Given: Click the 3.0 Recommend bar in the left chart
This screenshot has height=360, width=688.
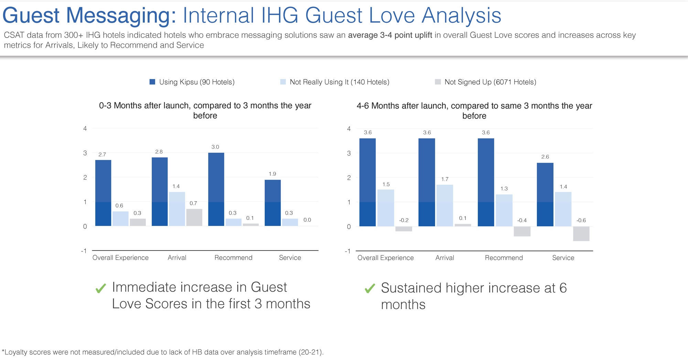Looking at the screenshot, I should (x=216, y=189).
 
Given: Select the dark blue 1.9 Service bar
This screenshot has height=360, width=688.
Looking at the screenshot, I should (x=272, y=203).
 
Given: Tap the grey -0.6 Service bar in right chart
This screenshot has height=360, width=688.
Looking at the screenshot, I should (x=581, y=233).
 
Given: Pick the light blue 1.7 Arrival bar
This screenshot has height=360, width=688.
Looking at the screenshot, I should (x=444, y=205).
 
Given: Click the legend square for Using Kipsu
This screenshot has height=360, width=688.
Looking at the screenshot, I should (x=152, y=82).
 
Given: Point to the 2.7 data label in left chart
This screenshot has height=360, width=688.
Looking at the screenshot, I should (x=102, y=154).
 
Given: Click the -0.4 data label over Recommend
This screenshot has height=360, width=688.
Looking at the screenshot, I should (x=522, y=220).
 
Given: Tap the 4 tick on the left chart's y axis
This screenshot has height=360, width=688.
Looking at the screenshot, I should (x=85, y=128).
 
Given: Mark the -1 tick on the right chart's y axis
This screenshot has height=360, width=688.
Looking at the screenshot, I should (x=347, y=251).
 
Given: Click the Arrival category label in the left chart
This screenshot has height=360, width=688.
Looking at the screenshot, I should (x=177, y=258).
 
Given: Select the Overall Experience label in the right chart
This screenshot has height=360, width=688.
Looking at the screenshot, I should (x=385, y=258).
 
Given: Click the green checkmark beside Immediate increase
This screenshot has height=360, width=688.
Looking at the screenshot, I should (x=100, y=288).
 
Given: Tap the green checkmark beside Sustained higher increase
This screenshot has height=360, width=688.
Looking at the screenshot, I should (x=369, y=288).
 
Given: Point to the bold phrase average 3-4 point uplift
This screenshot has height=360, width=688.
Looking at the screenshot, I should (x=390, y=35).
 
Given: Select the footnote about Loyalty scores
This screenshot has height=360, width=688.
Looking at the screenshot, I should (x=162, y=352).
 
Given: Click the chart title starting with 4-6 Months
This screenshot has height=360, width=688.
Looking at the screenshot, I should (x=474, y=110).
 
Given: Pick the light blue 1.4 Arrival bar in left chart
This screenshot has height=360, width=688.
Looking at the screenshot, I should (x=177, y=209).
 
